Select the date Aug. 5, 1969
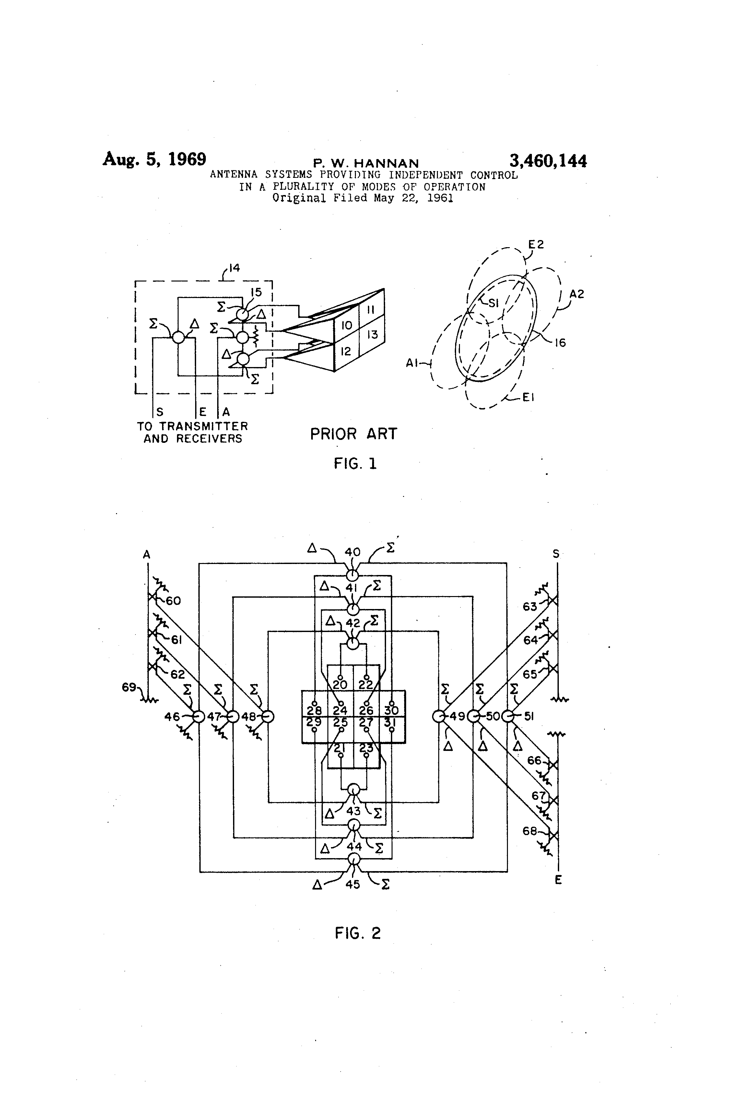click(x=155, y=159)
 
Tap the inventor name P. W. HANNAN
click(x=366, y=164)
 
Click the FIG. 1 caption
click(x=355, y=464)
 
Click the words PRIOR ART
click(x=353, y=434)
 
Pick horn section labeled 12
click(x=346, y=351)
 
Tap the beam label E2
click(x=536, y=245)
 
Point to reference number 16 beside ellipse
click(x=560, y=342)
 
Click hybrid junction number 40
click(x=353, y=552)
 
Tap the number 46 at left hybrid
click(x=172, y=716)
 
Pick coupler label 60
click(x=173, y=601)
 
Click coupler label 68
click(x=530, y=831)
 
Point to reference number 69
click(x=129, y=687)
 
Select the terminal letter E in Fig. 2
click(x=558, y=880)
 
